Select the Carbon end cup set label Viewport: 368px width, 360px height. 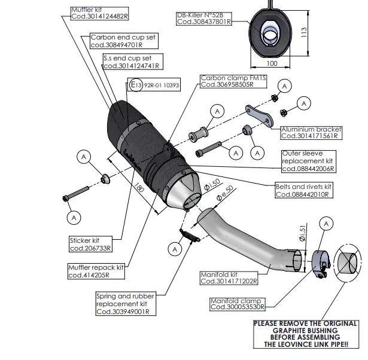coord(123,41)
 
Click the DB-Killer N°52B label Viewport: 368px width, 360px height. coord(203,18)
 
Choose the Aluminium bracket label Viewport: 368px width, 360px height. coord(311,132)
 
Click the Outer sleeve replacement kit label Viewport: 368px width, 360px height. coord(308,161)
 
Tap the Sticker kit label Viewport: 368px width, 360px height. coord(90,244)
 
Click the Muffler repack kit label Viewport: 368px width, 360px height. coord(96,271)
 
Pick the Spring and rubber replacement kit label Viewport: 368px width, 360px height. coord(124,304)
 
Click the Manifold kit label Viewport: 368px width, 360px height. coord(229,278)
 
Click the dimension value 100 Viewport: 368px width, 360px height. coord(272,62)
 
